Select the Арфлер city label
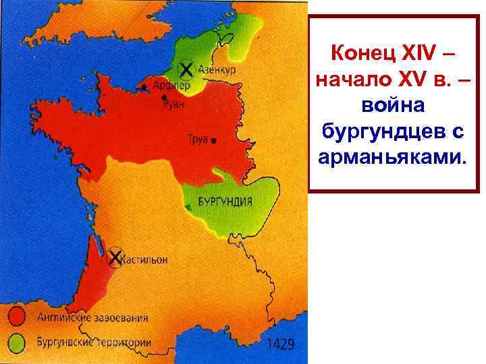[170, 86]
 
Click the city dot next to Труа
[214, 142]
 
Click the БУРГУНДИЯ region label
[225, 202]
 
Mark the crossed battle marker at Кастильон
[115, 256]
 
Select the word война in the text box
[394, 106]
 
